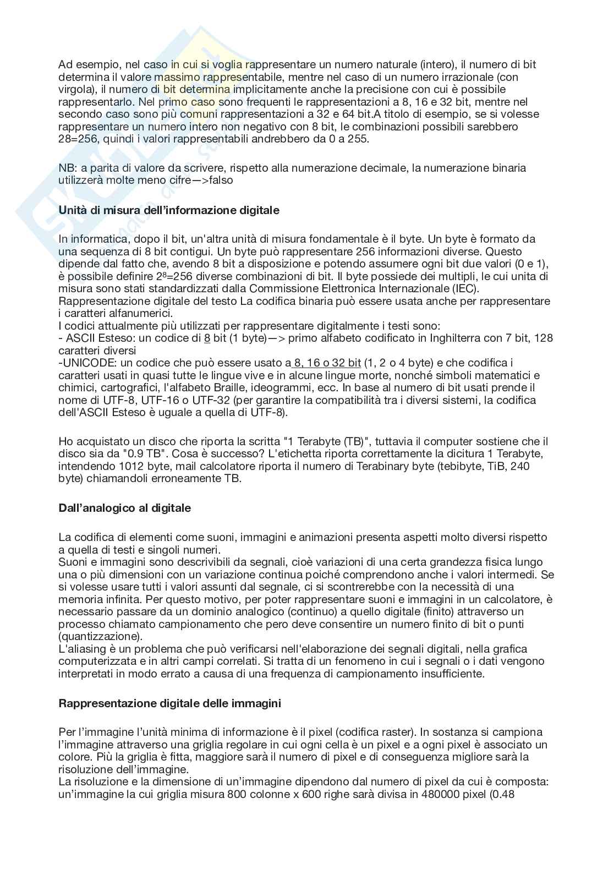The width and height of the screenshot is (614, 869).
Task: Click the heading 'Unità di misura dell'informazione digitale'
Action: click(x=169, y=210)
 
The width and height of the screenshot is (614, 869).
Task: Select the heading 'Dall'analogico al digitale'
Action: click(x=124, y=508)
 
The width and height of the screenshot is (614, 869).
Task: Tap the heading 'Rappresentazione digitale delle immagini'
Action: click(x=169, y=703)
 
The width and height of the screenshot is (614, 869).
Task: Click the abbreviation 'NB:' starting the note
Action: click(x=67, y=167)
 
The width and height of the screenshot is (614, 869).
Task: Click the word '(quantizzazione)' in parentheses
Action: click(x=101, y=636)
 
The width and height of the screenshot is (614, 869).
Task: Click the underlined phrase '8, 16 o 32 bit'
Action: click(x=327, y=363)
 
